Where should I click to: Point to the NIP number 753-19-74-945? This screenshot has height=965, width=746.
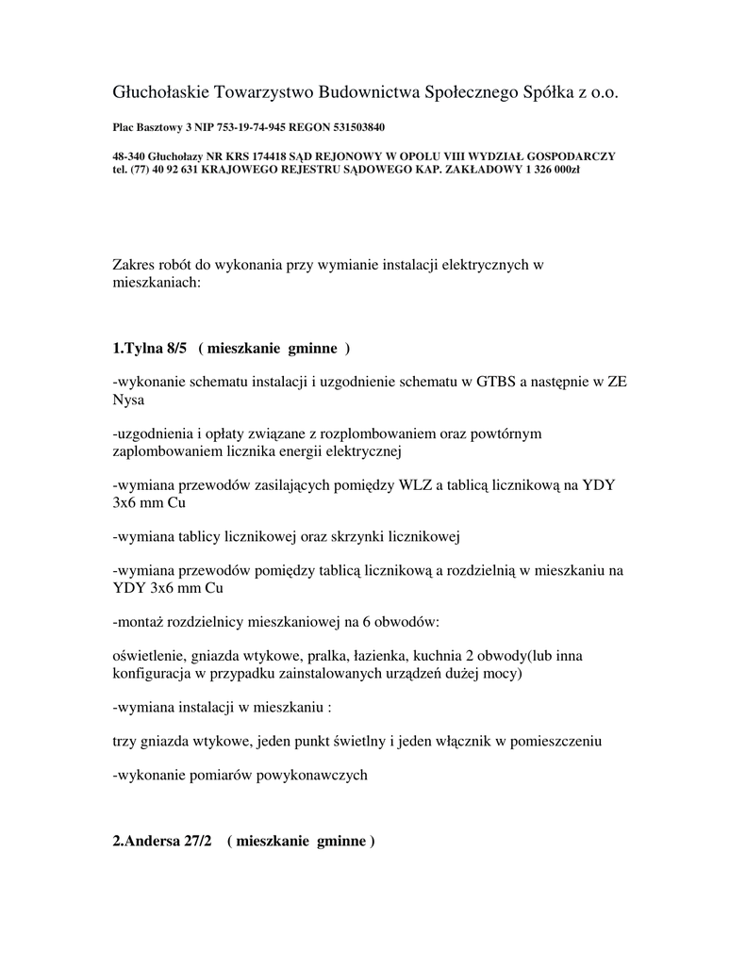coord(252,126)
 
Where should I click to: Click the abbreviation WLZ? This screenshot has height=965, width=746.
coord(414,484)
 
